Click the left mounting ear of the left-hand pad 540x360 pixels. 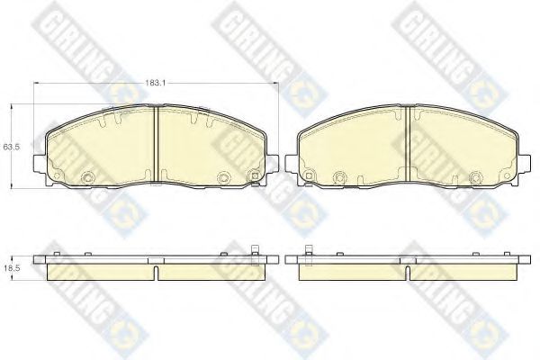click(40, 163)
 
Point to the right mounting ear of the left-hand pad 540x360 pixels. click(273, 163)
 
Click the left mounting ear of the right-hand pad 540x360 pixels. click(292, 163)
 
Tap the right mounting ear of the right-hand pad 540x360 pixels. click(524, 163)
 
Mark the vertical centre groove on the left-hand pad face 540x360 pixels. click(156, 143)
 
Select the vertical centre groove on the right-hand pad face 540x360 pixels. click(408, 143)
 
